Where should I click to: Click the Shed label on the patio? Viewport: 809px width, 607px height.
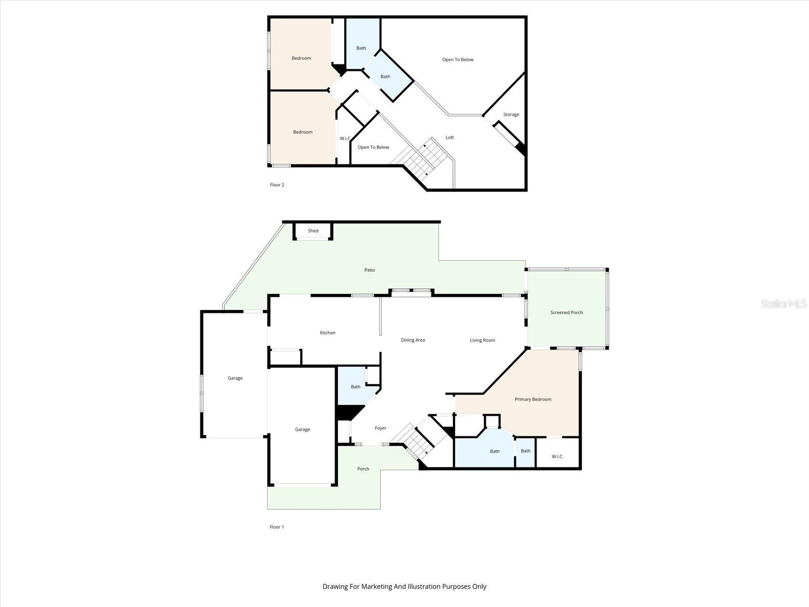[x=313, y=231]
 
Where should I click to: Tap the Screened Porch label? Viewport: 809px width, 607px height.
[x=566, y=313]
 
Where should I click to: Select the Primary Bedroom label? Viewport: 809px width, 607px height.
[x=533, y=400]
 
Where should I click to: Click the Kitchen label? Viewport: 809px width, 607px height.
[x=328, y=333]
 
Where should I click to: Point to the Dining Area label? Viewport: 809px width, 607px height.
[x=413, y=340]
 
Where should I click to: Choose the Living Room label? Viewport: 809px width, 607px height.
[x=482, y=340]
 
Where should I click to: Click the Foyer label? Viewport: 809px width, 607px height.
[x=380, y=428]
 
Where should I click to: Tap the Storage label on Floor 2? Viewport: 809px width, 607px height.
[x=511, y=115]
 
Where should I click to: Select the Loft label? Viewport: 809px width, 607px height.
[x=450, y=138]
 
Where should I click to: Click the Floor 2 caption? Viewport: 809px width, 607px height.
[x=277, y=185]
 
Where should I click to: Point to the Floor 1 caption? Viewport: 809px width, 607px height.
[x=277, y=527]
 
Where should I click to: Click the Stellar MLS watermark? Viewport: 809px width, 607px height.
[x=783, y=303]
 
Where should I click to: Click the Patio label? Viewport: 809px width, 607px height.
[x=370, y=270]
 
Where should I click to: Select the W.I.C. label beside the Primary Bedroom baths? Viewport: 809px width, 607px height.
[x=557, y=457]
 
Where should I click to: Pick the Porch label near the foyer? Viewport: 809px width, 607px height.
[x=363, y=469]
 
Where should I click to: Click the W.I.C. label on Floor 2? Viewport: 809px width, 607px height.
[x=345, y=139]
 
